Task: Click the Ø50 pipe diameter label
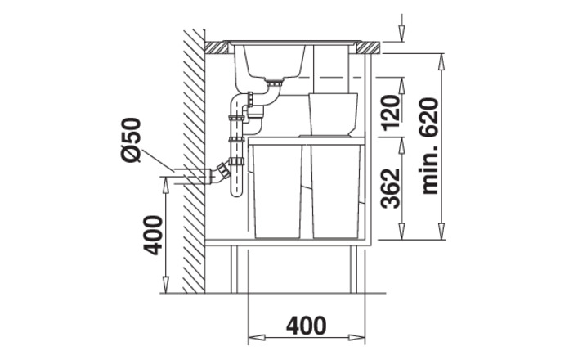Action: pos(132,140)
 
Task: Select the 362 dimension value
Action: pos(391,188)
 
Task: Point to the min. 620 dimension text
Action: pos(430,146)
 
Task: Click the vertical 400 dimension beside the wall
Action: pos(153,236)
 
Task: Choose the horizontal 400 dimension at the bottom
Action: pos(307,326)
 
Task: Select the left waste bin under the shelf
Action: pos(278,191)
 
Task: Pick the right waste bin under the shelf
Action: pos(336,191)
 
